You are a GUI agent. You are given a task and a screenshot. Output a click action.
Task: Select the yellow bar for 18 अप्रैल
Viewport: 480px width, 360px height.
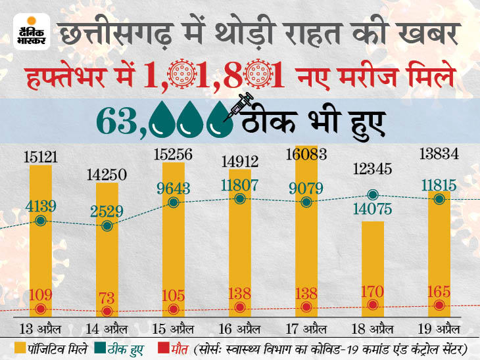coord(373,269)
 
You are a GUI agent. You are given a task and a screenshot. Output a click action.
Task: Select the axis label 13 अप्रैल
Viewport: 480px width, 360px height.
coord(41,326)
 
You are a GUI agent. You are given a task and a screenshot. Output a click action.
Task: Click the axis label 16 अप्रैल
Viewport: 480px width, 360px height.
coord(240,326)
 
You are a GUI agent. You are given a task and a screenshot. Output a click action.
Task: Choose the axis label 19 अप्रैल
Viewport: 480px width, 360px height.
coord(439,326)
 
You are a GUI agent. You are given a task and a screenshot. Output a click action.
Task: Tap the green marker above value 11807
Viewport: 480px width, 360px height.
coord(240,198)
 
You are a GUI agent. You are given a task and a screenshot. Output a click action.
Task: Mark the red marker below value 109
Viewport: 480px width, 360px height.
coord(41,309)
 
